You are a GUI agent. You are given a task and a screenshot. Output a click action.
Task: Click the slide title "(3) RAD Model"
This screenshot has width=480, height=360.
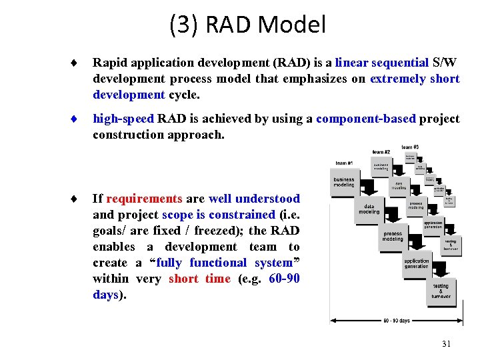pyautogui.click(x=247, y=25)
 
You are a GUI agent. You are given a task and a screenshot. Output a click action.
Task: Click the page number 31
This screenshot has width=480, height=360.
pyautogui.click(x=446, y=343)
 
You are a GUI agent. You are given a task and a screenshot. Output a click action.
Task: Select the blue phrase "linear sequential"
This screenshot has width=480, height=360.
pyautogui.click(x=382, y=63)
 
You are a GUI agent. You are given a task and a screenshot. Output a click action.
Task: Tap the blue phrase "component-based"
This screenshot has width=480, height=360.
pyautogui.click(x=366, y=119)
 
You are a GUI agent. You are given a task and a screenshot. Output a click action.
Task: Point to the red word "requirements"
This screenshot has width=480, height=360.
pyautogui.click(x=144, y=199)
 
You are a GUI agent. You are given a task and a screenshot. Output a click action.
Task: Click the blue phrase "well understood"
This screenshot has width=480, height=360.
pyautogui.click(x=254, y=199)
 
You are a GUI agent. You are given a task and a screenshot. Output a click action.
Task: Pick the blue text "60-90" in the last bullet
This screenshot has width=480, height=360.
pyautogui.click(x=285, y=279)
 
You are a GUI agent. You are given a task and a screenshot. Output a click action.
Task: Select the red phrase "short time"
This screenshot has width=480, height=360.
pyautogui.click(x=199, y=279)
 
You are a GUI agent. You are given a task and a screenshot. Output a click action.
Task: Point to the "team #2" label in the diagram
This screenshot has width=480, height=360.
pyautogui.click(x=382, y=152)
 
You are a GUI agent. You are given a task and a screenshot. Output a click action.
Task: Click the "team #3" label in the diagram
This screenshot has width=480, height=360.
pyautogui.click(x=411, y=147)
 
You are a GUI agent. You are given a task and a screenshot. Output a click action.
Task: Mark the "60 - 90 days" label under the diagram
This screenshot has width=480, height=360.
pyautogui.click(x=397, y=321)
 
